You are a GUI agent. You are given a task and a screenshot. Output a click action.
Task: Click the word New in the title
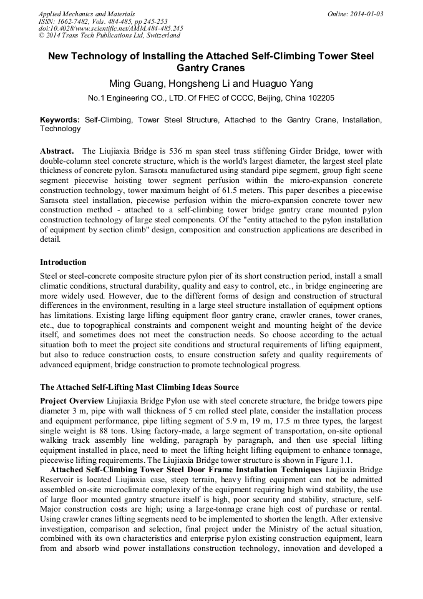point(60,56)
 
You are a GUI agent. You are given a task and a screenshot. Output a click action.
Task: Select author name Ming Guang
point(135,84)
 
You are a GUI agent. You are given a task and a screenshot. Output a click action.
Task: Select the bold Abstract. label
point(58,151)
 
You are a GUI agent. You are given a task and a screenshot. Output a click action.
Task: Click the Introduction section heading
point(63,262)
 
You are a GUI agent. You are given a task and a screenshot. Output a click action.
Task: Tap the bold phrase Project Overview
point(72,400)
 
